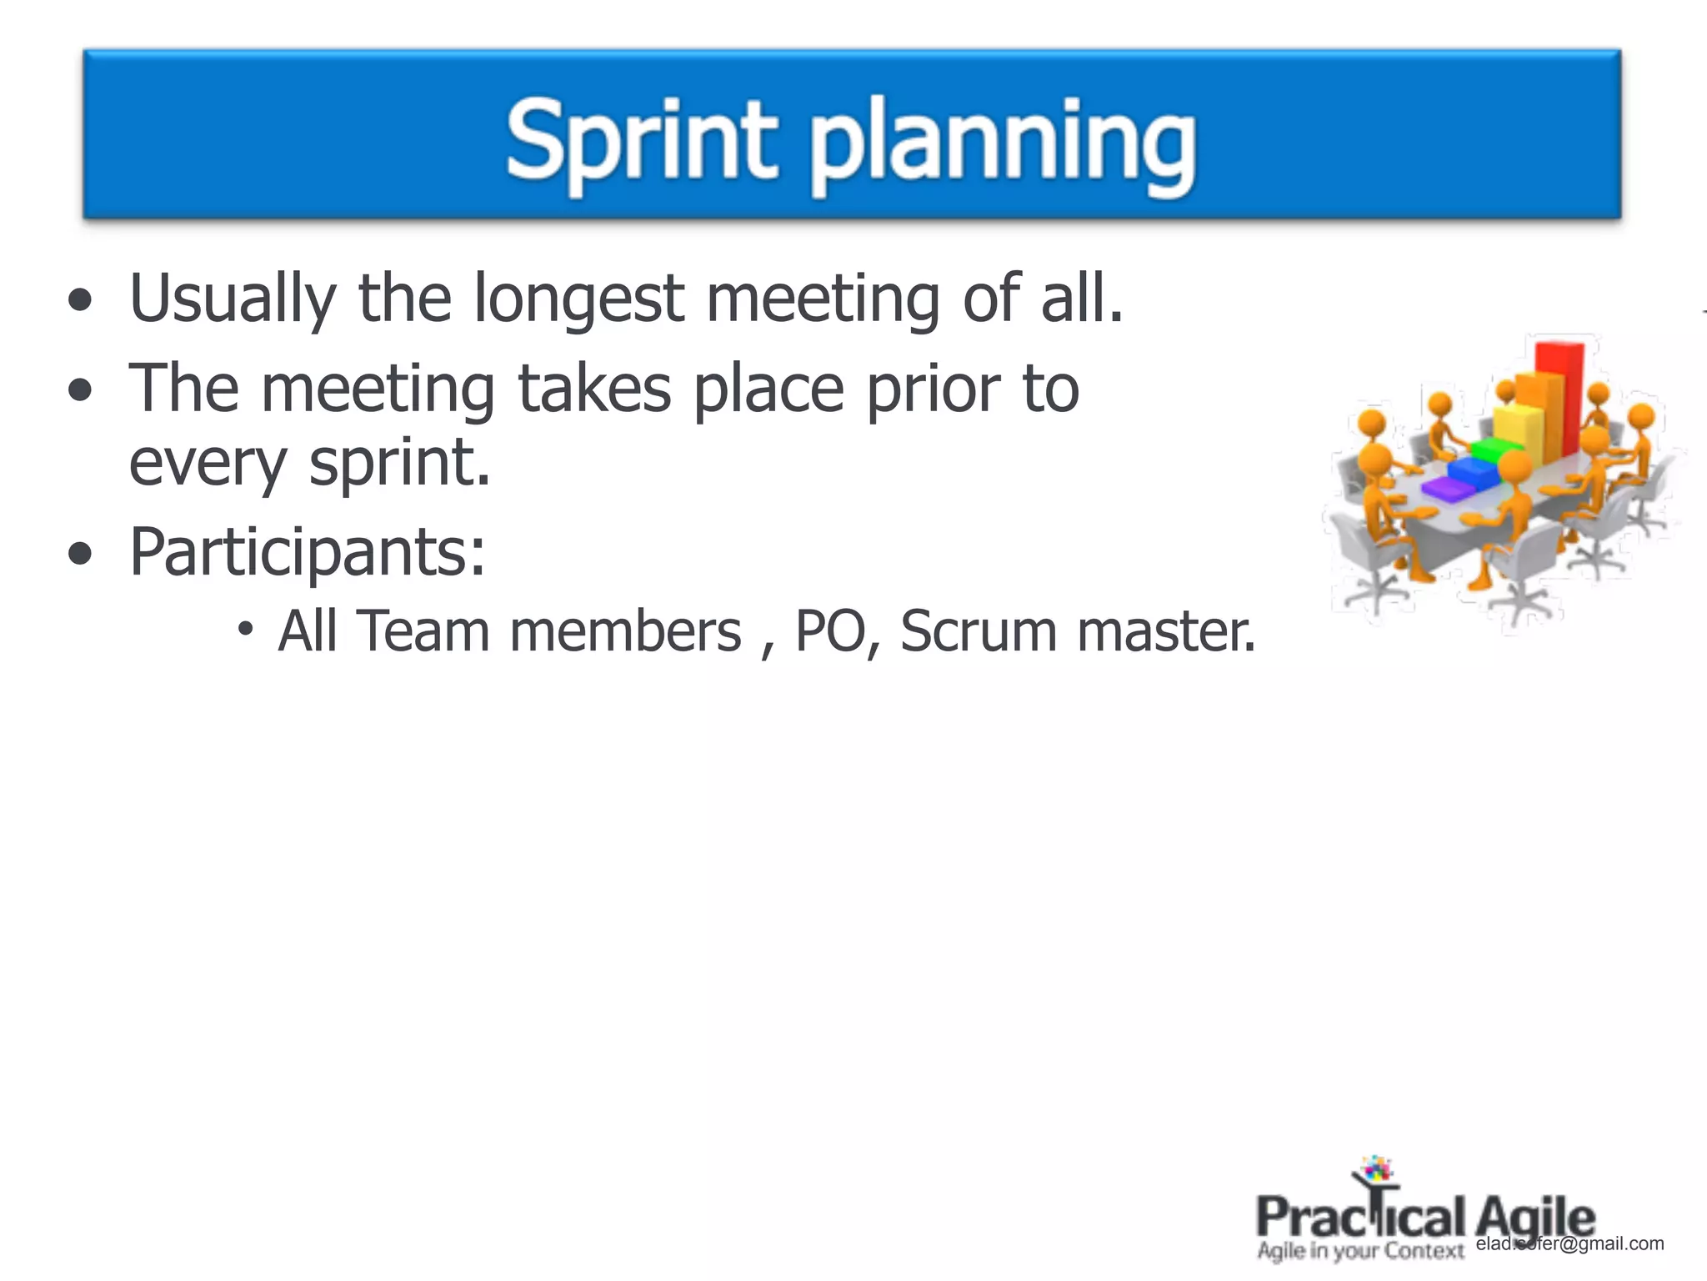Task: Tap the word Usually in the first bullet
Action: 233,299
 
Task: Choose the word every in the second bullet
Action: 208,463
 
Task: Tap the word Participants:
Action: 307,553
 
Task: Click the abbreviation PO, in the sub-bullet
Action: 838,631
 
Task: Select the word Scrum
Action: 979,631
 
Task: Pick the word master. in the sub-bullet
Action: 1165,631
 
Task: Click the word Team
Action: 423,631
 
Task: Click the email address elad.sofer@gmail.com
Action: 1569,1243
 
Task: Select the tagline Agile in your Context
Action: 1360,1251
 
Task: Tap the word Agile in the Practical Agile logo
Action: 1535,1218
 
